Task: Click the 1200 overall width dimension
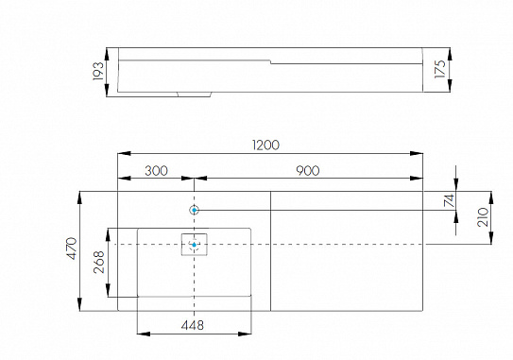[x=266, y=145]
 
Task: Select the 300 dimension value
[x=157, y=171]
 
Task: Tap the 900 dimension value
[x=308, y=171]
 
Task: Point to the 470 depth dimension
[x=72, y=249]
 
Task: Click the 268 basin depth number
[x=99, y=262]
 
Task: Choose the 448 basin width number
[x=193, y=325]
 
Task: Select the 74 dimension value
[x=450, y=200]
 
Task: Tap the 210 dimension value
[x=483, y=217]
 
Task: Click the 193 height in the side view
[x=98, y=71]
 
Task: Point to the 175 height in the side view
[x=440, y=69]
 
